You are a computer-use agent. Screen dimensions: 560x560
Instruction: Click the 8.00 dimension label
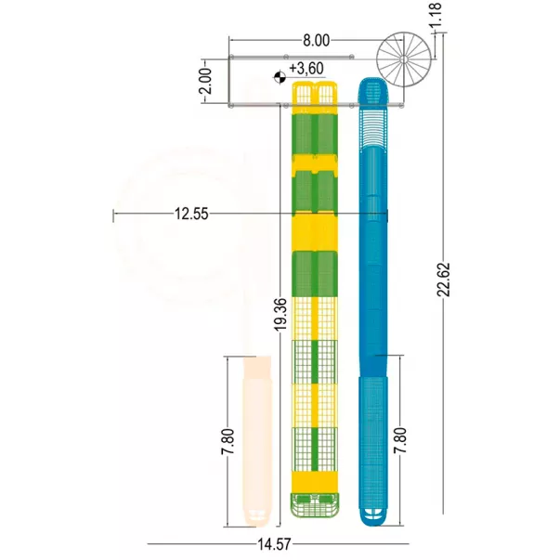[317, 41]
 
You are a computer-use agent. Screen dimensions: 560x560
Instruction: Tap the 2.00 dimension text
[206, 81]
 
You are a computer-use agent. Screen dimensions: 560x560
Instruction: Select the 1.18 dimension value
[436, 14]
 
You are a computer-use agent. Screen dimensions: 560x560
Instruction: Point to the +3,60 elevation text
[306, 68]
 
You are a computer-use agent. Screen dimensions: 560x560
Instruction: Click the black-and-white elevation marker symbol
[280, 77]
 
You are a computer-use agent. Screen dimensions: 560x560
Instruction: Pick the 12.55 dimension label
[191, 214]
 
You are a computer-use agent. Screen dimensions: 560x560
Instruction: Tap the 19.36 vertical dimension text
[281, 314]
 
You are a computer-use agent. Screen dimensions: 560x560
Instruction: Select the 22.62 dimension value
[444, 280]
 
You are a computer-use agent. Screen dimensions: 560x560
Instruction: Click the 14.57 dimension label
[274, 544]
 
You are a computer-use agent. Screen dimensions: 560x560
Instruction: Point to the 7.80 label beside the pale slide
[228, 441]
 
